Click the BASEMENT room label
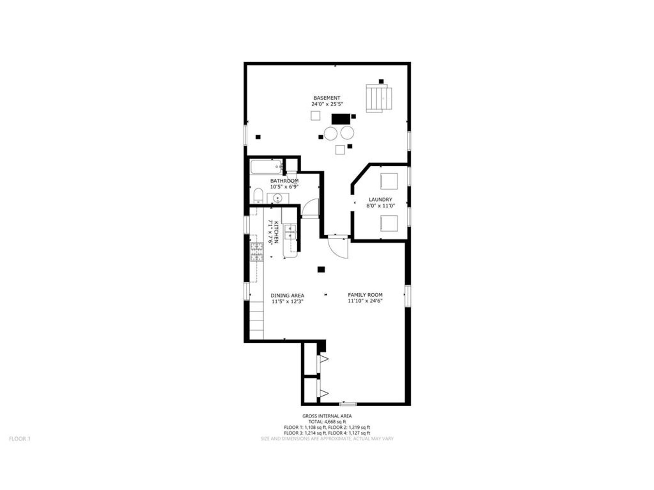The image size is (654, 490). coord(327,98)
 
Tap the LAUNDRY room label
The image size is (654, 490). coord(380,200)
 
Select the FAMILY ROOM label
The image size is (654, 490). coord(365,295)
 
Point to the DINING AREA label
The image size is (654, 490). coord(287,296)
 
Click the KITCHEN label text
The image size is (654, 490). coord(276,232)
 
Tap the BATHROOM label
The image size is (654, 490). coord(284,181)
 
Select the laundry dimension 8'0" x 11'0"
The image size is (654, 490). coord(380,206)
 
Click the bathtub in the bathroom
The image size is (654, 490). coord(266,167)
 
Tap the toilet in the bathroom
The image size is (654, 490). coord(258,196)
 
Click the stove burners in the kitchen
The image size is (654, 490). coord(257,252)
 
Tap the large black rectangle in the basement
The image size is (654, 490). coord(341,119)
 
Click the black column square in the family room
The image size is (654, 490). coord(321,269)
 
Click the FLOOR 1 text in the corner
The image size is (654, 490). coord(19,439)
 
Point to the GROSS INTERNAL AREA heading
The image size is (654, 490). coord(327,416)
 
